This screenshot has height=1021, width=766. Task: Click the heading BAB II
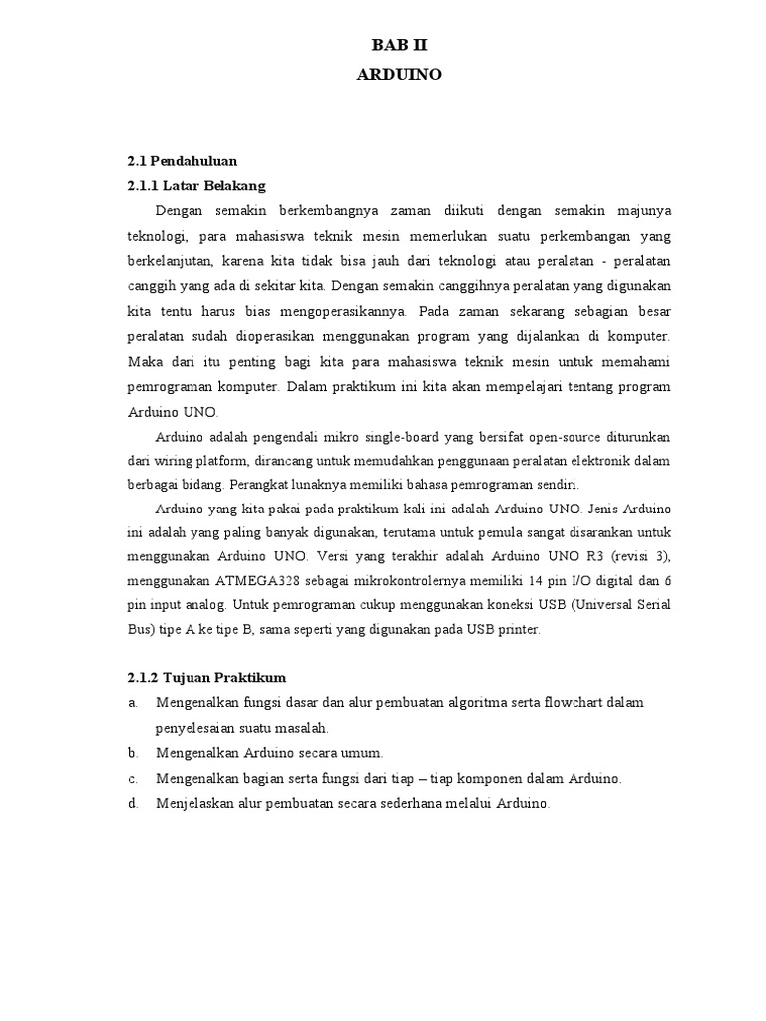[x=398, y=46]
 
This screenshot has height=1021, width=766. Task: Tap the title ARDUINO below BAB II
[x=398, y=74]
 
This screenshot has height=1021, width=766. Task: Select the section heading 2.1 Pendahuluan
[x=182, y=160]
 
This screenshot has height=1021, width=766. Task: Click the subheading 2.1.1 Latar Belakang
[x=196, y=185]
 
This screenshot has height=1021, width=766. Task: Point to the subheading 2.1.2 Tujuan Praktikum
[x=206, y=677]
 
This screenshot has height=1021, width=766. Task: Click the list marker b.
[x=132, y=753]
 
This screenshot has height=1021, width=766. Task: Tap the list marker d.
[x=132, y=803]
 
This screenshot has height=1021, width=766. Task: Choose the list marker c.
[x=132, y=778]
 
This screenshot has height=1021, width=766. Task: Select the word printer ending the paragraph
[x=517, y=630]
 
